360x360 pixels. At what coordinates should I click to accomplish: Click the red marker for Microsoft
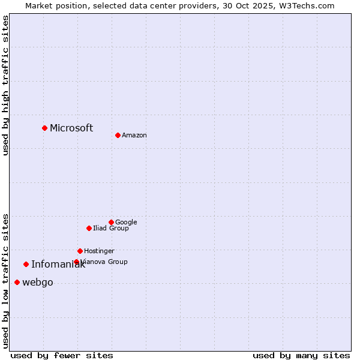point(44,128)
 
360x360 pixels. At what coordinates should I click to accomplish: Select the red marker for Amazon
point(118,135)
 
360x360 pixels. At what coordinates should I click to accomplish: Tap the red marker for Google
point(111,222)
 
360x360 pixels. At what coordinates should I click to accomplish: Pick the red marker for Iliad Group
point(89,228)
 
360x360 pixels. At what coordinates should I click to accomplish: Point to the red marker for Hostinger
point(80,251)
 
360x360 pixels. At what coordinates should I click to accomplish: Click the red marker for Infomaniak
point(26,264)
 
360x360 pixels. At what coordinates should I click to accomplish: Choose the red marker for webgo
point(17,282)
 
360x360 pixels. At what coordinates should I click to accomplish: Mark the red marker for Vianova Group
point(76,262)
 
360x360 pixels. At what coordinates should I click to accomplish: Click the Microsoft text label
point(71,128)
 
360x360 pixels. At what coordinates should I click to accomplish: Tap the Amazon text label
point(134,135)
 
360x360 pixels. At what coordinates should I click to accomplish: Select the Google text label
point(126,222)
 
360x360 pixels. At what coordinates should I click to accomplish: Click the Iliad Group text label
point(111,228)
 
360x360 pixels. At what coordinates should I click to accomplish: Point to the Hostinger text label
point(99,251)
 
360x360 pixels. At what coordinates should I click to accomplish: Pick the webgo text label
point(37,283)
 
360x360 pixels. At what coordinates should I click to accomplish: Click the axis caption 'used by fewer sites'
point(62,355)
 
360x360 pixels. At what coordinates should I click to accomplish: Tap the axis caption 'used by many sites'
point(301,355)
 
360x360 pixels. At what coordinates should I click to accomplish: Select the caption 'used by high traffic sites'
point(5,85)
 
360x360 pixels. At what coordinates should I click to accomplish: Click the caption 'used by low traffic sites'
point(5,280)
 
